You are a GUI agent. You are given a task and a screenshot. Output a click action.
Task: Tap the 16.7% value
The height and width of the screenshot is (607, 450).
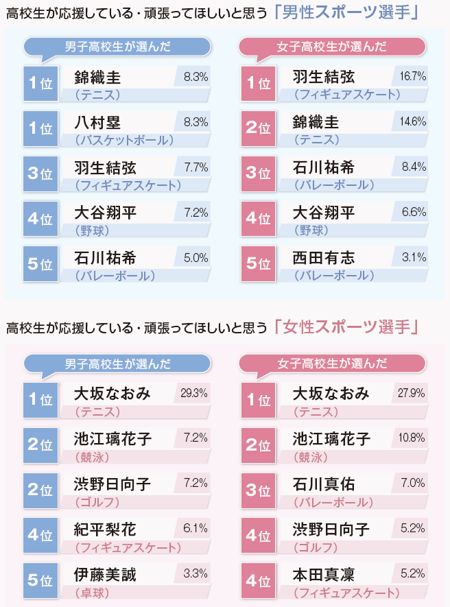413,76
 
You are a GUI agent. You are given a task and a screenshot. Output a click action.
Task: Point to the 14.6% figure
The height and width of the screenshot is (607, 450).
413,121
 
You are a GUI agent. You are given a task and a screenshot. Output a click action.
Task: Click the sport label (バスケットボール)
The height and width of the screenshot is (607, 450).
124,140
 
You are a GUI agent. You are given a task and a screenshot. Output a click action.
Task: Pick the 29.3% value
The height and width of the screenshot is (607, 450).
194,393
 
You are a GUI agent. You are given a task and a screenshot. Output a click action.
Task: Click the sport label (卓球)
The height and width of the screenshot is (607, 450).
92,592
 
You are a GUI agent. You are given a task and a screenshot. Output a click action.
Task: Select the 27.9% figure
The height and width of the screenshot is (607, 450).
412,393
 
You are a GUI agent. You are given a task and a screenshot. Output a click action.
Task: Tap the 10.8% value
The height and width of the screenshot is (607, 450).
412,438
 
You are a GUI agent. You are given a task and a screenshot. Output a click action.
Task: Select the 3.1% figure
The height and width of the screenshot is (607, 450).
414,257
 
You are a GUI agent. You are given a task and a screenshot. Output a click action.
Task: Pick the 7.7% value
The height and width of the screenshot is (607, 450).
196,166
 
